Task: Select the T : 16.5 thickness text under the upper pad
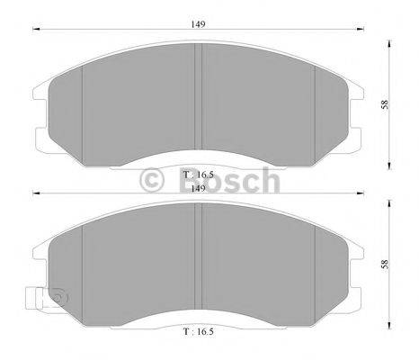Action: pos(199,173)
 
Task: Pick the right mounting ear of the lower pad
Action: pos(359,279)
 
